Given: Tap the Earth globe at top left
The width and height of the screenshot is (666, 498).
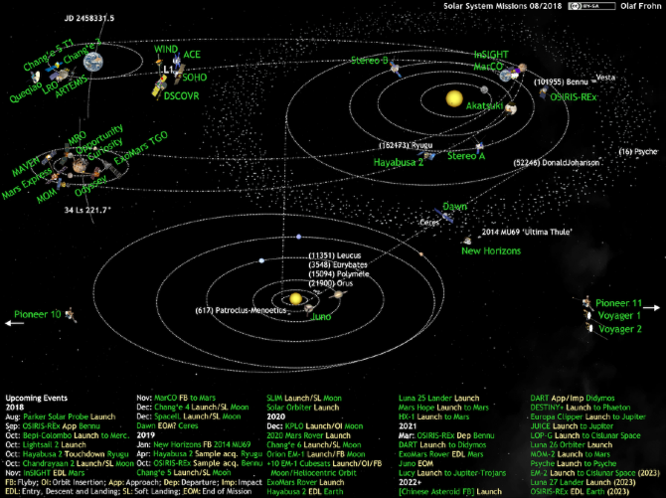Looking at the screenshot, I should (x=92, y=63).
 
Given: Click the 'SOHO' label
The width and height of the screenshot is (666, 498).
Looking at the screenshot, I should (x=196, y=76).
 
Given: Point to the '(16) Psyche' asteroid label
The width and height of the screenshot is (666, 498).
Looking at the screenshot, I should (x=638, y=152).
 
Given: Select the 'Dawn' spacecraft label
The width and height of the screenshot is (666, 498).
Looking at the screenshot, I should (x=454, y=206).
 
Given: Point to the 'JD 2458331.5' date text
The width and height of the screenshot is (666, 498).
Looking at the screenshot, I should (x=89, y=17).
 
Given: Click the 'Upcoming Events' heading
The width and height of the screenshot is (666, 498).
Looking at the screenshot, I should (x=35, y=397).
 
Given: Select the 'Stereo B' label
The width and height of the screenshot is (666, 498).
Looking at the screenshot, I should (x=369, y=60).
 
